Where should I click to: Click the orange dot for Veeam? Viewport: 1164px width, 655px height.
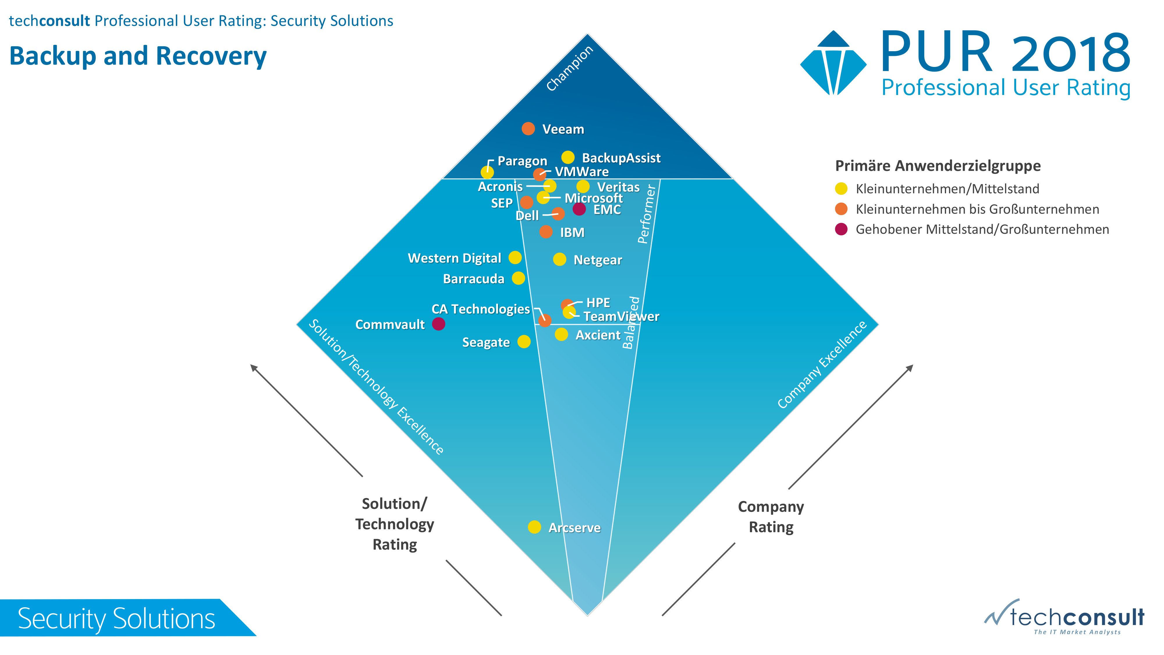528,129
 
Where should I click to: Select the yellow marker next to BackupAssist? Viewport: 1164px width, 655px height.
567,157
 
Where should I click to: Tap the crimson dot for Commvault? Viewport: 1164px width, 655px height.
438,324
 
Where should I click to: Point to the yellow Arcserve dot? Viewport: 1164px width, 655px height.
534,527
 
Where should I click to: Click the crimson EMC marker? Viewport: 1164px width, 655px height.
579,209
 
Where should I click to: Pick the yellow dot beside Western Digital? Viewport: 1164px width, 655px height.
515,258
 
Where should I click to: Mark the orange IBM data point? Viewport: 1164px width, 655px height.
546,232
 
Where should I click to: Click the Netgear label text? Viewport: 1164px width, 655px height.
597,260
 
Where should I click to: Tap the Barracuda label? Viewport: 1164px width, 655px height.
473,279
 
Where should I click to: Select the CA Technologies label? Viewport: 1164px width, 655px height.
480,309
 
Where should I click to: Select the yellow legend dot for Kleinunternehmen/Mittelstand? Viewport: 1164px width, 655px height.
841,189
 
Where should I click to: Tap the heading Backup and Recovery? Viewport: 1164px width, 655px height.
138,56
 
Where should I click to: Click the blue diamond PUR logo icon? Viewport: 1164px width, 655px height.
833,63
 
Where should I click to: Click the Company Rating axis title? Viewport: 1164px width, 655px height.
771,517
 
